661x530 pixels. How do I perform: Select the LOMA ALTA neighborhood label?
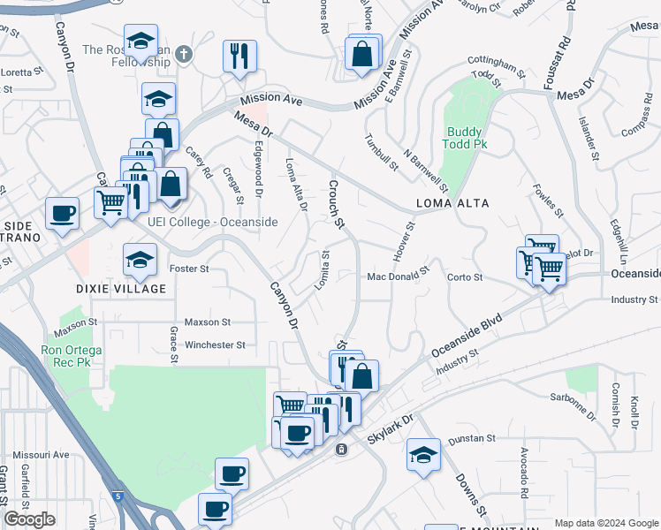[452, 203]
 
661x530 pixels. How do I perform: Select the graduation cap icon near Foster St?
[140, 260]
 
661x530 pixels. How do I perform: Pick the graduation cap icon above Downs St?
[423, 455]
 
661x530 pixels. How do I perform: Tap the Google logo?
[30, 519]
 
